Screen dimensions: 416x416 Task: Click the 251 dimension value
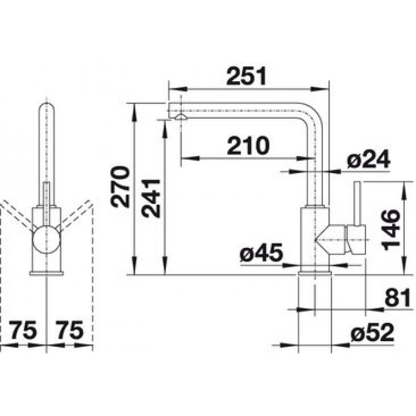(246, 76)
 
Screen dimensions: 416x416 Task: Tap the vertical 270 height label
(120, 187)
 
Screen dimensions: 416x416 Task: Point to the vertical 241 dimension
(151, 199)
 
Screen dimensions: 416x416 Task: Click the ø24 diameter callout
(369, 159)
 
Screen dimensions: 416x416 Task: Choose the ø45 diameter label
(262, 253)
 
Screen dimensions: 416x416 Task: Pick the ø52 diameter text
(372, 333)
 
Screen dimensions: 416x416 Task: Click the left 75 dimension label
(23, 330)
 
